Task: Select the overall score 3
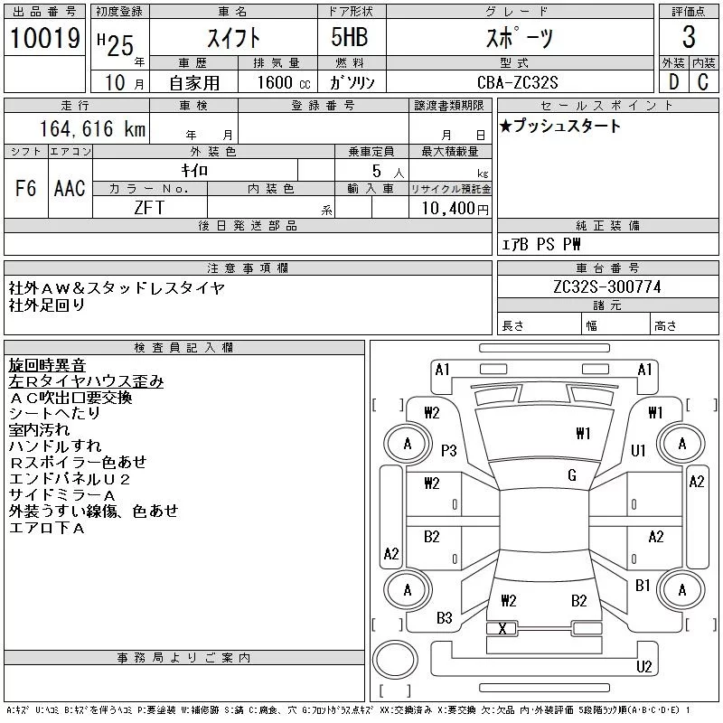[689, 38]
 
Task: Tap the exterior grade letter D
[673, 82]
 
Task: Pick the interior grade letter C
[702, 82]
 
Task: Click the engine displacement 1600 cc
[276, 82]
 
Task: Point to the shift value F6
[26, 188]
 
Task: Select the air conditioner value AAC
[70, 188]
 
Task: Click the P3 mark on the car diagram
[449, 450]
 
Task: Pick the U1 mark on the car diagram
[639, 450]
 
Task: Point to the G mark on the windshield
[572, 475]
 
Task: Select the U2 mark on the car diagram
[643, 667]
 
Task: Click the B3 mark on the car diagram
[444, 618]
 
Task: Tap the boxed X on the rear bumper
[502, 628]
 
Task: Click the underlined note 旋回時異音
[47, 365]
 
